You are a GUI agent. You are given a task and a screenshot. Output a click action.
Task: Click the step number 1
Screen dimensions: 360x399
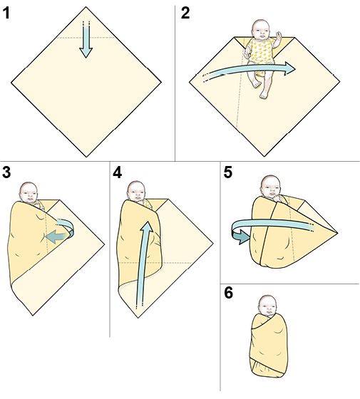pyautogui.click(x=6, y=14)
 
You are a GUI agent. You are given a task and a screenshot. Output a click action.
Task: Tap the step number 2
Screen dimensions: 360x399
pyautogui.click(x=185, y=14)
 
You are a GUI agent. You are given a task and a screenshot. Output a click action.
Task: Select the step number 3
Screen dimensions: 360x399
pyautogui.click(x=6, y=172)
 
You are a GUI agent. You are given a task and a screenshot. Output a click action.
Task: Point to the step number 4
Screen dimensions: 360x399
pyautogui.click(x=117, y=172)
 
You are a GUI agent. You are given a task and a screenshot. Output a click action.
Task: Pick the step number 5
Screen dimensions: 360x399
pyautogui.click(x=228, y=172)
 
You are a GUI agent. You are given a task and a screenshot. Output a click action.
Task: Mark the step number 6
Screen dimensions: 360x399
pyautogui.click(x=228, y=293)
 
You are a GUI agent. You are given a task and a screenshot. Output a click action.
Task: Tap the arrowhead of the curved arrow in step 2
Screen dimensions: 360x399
pyautogui.click(x=289, y=68)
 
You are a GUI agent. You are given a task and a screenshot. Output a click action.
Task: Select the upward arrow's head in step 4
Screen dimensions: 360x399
pyautogui.click(x=147, y=227)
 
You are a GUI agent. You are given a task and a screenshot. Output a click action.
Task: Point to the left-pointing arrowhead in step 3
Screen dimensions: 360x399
pyautogui.click(x=55, y=236)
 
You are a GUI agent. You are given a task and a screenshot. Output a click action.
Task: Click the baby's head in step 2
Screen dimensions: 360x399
pyautogui.click(x=261, y=30)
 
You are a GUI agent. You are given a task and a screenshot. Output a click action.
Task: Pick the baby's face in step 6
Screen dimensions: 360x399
pyautogui.click(x=268, y=307)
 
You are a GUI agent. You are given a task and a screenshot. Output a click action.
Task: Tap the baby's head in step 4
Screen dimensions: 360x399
pyautogui.click(x=136, y=191)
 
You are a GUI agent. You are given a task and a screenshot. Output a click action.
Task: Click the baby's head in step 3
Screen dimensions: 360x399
pyautogui.click(x=29, y=192)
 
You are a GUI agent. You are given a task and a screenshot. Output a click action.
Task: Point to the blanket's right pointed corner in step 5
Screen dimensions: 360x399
pyautogui.click(x=337, y=232)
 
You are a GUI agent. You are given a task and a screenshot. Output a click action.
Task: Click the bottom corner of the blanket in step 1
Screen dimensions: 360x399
pyautogui.click(x=86, y=156)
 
